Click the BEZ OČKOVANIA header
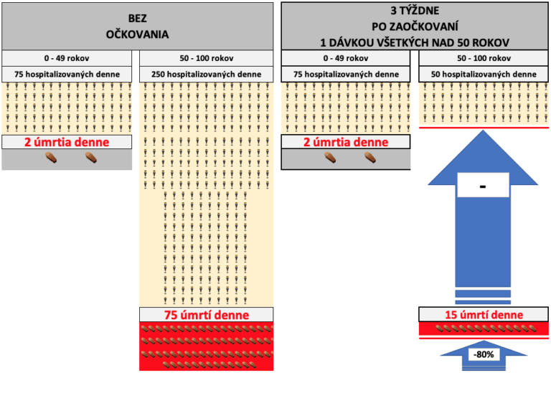pyautogui.click(x=137, y=26)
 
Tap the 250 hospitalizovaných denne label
pyautogui.click(x=206, y=74)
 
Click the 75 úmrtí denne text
pyautogui.click(x=206, y=315)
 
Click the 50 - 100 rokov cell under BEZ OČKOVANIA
pyautogui.click(x=206, y=58)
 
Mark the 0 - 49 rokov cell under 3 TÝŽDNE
pyautogui.click(x=347, y=58)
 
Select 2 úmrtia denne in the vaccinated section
pyautogui.click(x=346, y=142)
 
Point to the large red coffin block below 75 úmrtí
pyautogui.click(x=206, y=346)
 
